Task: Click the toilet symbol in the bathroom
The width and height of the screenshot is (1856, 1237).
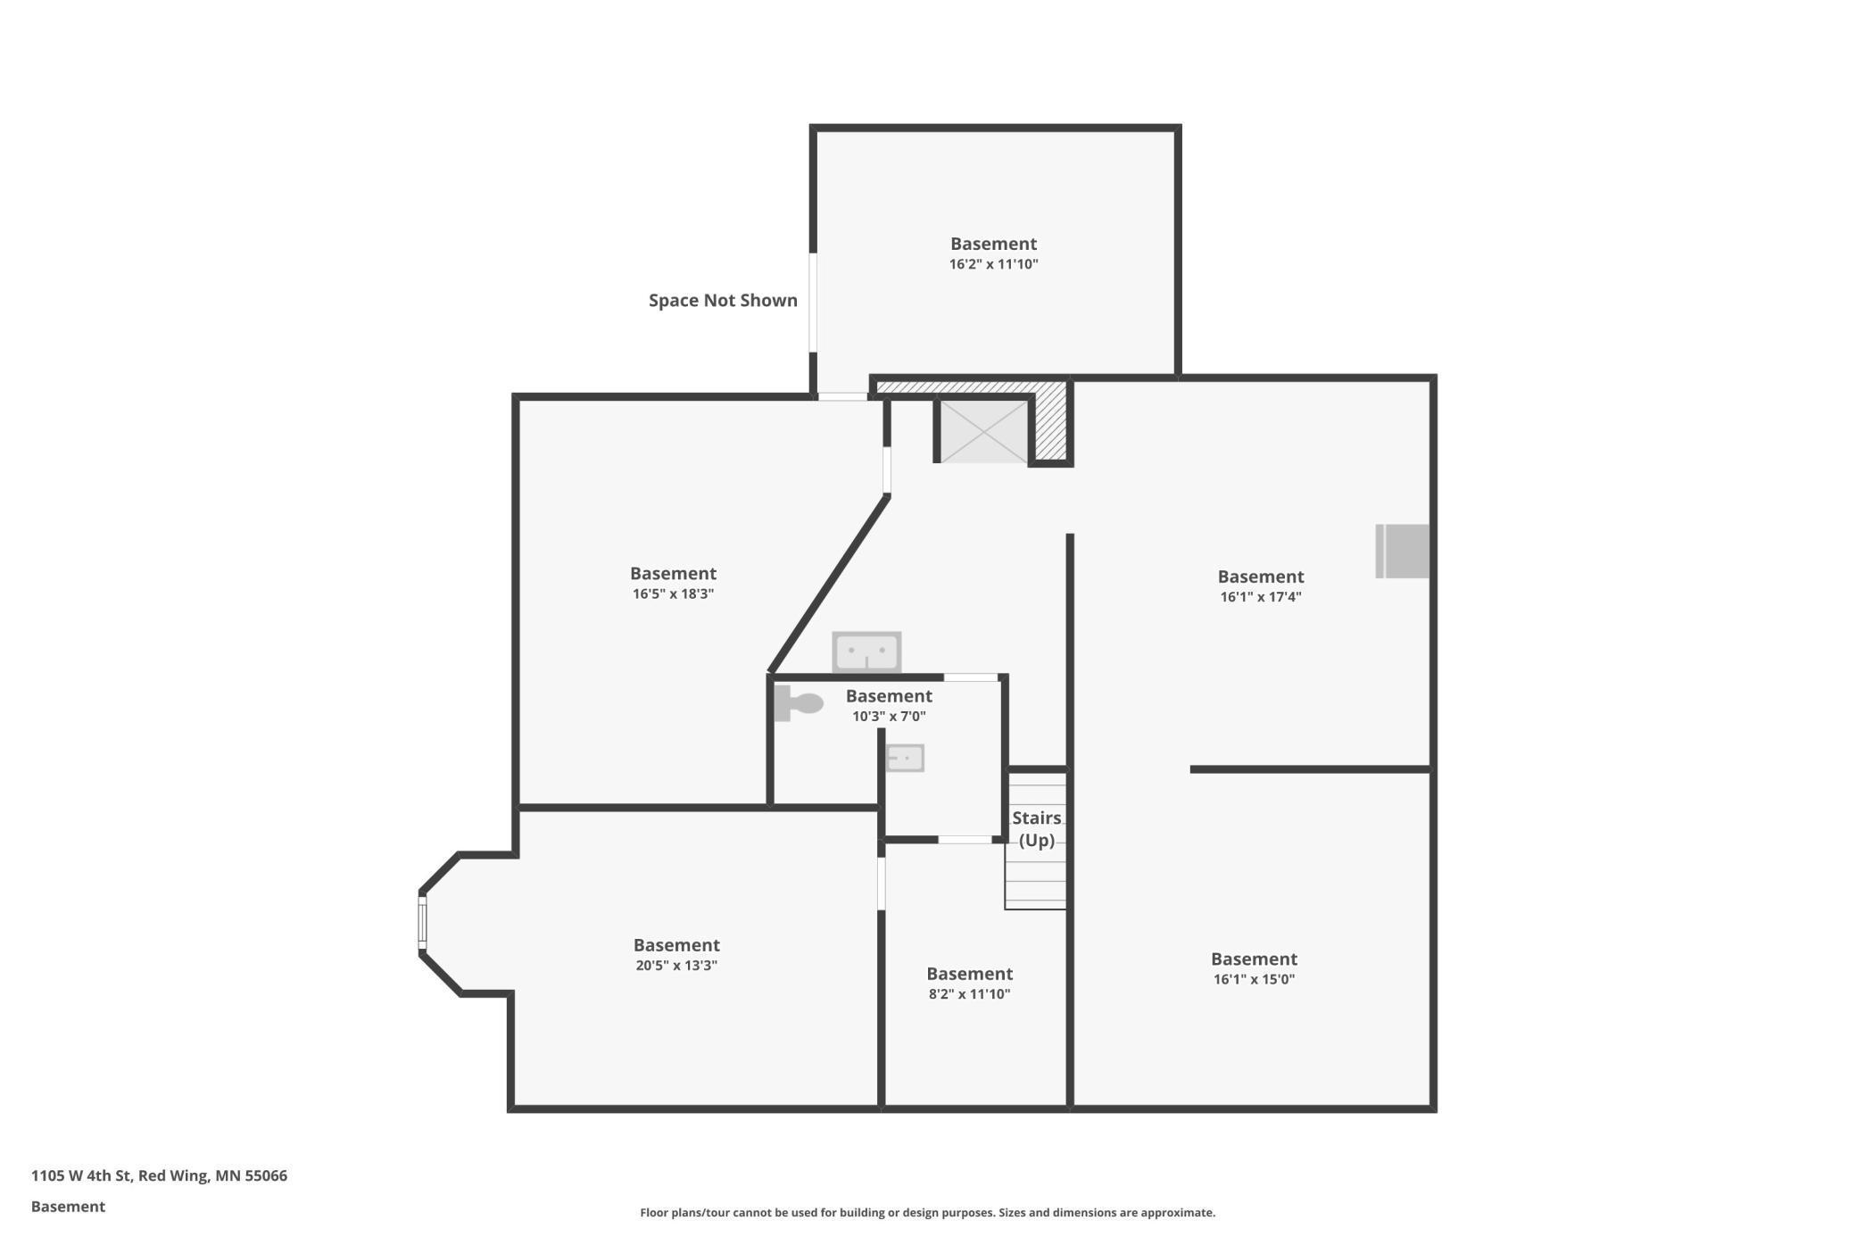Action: click(x=798, y=703)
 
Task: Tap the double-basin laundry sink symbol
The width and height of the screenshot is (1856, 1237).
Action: click(x=866, y=652)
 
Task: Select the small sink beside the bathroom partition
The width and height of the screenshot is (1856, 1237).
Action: click(x=905, y=759)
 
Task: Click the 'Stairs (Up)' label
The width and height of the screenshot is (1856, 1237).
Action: click(x=1037, y=829)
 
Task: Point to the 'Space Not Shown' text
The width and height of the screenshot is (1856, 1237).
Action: click(x=723, y=301)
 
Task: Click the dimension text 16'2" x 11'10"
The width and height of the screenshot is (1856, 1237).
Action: click(x=993, y=264)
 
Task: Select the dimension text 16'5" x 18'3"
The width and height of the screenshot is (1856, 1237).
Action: click(x=673, y=594)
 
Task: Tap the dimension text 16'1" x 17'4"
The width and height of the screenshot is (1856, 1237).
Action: click(x=1260, y=597)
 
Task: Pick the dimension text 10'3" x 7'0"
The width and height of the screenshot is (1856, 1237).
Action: click(x=889, y=717)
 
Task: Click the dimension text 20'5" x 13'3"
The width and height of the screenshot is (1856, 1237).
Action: click(x=676, y=966)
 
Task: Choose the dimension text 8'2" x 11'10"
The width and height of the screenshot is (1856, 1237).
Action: click(x=969, y=994)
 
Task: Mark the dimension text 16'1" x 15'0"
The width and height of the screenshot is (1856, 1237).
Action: click(x=1254, y=979)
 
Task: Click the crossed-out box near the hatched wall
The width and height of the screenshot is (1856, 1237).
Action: click(x=983, y=432)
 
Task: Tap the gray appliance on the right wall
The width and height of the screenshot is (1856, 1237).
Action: click(x=1403, y=552)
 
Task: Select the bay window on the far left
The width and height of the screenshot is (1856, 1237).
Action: click(x=423, y=923)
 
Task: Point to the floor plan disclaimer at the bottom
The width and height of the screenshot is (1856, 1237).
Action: click(x=927, y=1213)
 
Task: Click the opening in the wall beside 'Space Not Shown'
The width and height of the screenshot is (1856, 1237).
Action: click(x=813, y=303)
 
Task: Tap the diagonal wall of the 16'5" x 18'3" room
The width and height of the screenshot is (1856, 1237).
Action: click(x=829, y=585)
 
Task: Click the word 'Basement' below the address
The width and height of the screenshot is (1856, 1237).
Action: click(x=68, y=1207)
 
